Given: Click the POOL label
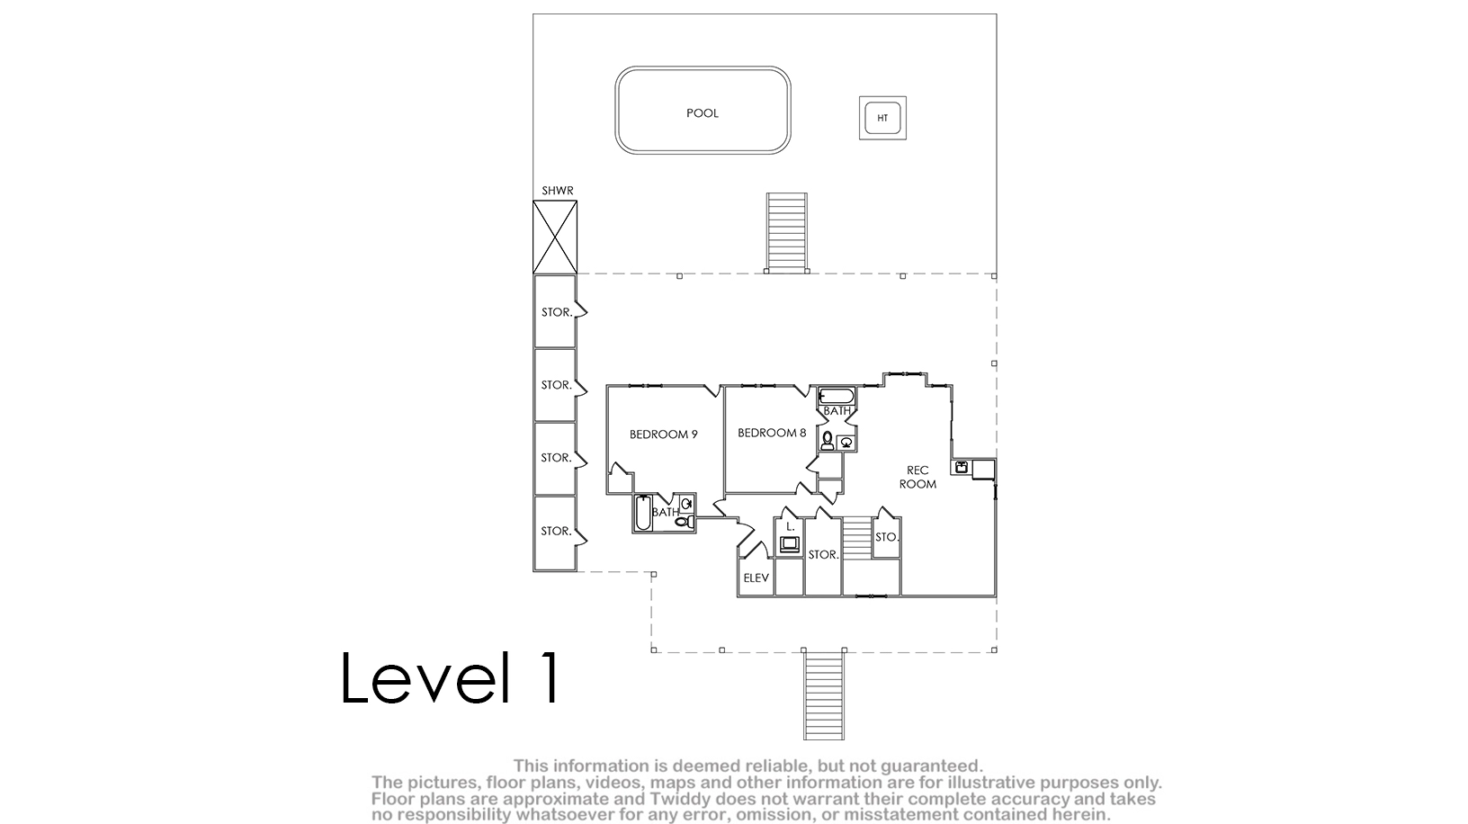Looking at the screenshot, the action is pos(702,112).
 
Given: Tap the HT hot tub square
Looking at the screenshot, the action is pos(882,118).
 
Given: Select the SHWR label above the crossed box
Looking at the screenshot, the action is pos(557,191).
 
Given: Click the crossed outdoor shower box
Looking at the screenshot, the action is pos(555,237).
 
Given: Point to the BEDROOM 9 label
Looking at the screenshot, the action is pos(663,434).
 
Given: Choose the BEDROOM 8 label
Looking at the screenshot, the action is pos(772,433).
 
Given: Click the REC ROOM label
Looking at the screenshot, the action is pos(917,478).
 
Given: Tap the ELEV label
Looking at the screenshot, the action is pos(756,578).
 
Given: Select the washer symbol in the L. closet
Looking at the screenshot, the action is pos(790,544).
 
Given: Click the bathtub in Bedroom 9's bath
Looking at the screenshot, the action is pos(643,514).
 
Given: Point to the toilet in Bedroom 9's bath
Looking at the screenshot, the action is pos(685,522).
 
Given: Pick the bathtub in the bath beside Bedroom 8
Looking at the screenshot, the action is pos(837,396).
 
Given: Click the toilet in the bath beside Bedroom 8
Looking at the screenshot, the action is pos(827,441).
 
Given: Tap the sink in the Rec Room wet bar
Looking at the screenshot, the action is pos(962,468).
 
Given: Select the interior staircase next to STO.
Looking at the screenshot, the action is pos(857,538).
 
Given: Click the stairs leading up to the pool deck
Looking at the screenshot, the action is pos(786,232).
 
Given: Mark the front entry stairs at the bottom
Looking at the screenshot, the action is pos(824,694).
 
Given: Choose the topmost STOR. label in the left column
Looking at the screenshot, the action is pos(557,312).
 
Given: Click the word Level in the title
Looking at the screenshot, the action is pos(425,677).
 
